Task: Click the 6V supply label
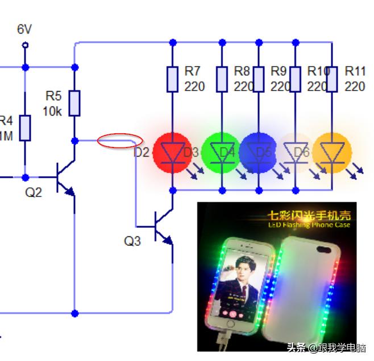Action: click(x=24, y=29)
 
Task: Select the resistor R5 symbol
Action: click(x=74, y=102)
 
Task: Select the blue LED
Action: click(x=259, y=152)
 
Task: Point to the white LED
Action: click(x=295, y=152)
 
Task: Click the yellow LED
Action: click(x=332, y=152)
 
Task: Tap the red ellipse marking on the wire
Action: click(x=119, y=140)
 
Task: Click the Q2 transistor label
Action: click(x=33, y=192)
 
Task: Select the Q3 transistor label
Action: click(x=132, y=241)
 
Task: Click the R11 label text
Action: click(x=355, y=71)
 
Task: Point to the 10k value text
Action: click(x=52, y=112)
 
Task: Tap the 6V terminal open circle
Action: click(x=24, y=45)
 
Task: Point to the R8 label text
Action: click(x=242, y=71)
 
